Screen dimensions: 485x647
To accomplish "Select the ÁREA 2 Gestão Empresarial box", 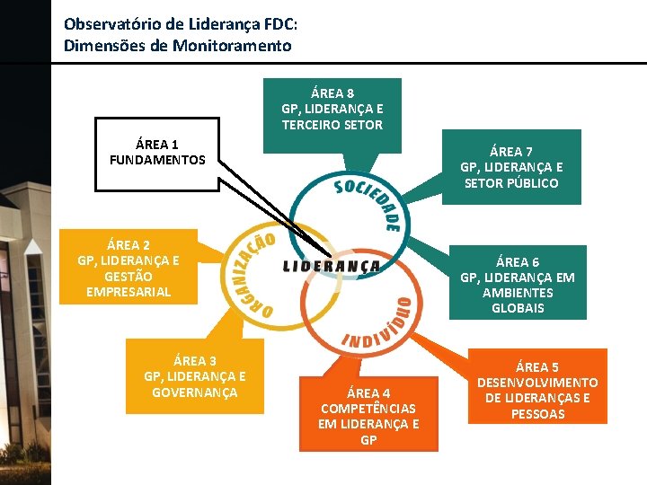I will tap(128, 268).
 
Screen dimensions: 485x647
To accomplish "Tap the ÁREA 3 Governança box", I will tap(195, 376).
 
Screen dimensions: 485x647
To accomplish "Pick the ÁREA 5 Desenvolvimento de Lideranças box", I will tap(537, 390).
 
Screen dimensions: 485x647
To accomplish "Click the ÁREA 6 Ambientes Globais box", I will tap(518, 284).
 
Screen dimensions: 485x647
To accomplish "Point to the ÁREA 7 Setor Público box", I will tap(511, 167).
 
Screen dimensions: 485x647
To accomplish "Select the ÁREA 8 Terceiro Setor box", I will tap(332, 109).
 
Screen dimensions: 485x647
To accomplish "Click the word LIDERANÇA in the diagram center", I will tap(332, 266).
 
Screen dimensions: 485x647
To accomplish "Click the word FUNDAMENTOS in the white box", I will tap(157, 160).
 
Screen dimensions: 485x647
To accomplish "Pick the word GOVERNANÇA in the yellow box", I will tap(195, 392).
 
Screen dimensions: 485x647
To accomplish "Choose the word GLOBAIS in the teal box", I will tap(518, 308).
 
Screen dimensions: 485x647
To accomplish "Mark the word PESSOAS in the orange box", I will tap(537, 414).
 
